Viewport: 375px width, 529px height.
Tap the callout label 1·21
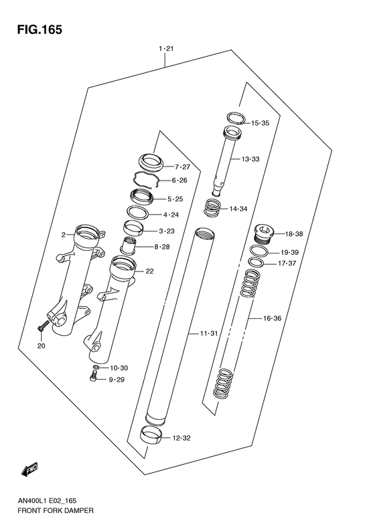point(166,49)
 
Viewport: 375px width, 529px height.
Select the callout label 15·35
point(260,123)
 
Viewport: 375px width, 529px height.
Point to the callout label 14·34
point(239,209)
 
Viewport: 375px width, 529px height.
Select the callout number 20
point(41,346)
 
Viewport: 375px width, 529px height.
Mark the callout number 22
point(149,271)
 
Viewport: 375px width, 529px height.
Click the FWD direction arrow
point(29,470)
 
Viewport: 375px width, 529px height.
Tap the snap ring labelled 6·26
point(147,179)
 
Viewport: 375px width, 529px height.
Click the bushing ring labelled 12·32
point(153,435)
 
